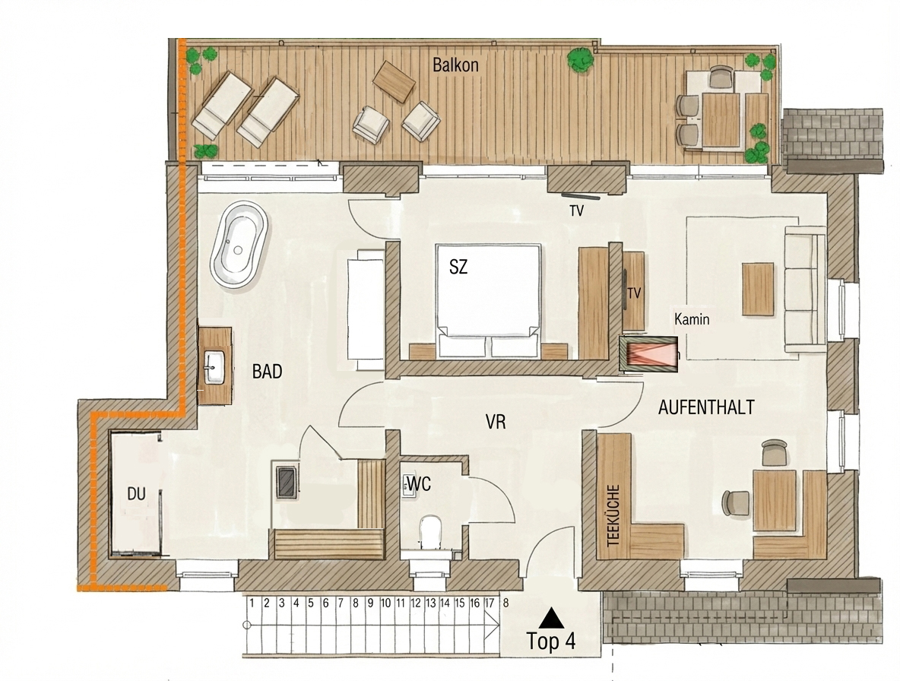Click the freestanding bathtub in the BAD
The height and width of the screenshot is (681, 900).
coord(239,245)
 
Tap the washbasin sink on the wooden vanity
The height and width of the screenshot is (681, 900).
coord(214,367)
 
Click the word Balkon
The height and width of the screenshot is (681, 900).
coord(456,65)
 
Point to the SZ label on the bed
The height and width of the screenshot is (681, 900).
coord(458,267)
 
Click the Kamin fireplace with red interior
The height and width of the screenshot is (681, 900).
coord(648,355)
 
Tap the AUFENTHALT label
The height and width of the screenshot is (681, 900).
coord(706,407)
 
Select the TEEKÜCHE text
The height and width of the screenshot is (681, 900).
coord(613,515)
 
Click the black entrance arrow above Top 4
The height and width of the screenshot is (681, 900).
coord(551,617)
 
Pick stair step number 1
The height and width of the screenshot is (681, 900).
coord(252,603)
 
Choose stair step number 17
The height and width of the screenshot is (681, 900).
coord(489,603)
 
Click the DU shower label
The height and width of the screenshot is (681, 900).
coord(136,493)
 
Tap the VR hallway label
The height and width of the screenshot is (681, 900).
coord(496,423)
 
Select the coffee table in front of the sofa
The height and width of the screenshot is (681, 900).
coord(758,289)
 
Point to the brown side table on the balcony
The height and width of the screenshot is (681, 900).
coord(394,81)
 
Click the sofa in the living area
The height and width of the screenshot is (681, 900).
coord(805,288)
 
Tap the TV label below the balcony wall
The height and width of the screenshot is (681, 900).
coord(576,211)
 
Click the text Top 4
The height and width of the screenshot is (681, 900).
coord(551,641)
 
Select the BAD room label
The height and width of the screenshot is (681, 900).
coord(267,372)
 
